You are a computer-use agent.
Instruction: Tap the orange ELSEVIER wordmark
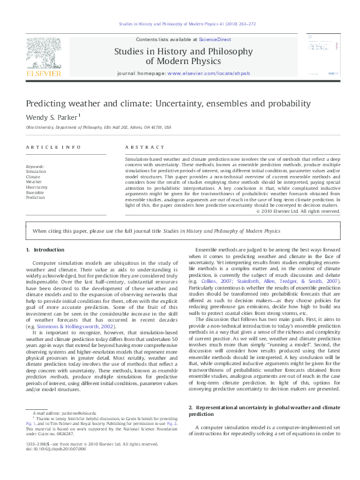tap(44, 74)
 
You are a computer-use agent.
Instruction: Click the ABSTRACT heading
tap(142, 148)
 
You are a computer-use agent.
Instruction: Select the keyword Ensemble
tap(36, 192)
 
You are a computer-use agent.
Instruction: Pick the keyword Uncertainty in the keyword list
tap(38, 187)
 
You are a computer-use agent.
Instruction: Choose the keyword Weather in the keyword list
tap(34, 181)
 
